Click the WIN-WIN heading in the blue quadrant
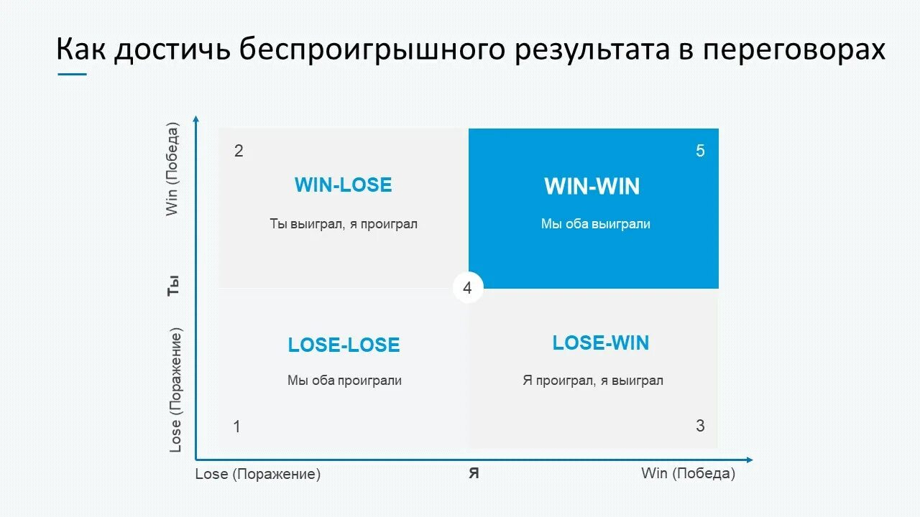pyautogui.click(x=592, y=187)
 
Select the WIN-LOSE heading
pyautogui.click(x=343, y=185)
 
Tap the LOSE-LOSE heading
pyautogui.click(x=344, y=345)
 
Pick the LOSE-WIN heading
pyautogui.click(x=600, y=343)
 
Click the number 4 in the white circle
pyautogui.click(x=468, y=289)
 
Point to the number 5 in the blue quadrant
pyautogui.click(x=700, y=151)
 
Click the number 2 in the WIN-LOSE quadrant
pyautogui.click(x=239, y=151)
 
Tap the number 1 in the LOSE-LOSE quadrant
pyautogui.click(x=236, y=427)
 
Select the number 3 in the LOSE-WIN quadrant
pyautogui.click(x=700, y=426)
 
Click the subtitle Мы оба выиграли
pyautogui.click(x=595, y=224)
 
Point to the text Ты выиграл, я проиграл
pyautogui.click(x=344, y=224)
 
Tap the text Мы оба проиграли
pyautogui.click(x=344, y=381)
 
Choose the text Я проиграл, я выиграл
pyautogui.click(x=592, y=381)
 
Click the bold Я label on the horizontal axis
pyautogui.click(x=474, y=474)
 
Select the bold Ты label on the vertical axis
pyautogui.click(x=173, y=287)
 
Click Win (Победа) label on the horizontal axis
pyautogui.click(x=688, y=474)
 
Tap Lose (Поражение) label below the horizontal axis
pyautogui.click(x=257, y=475)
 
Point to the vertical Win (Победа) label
pyautogui.click(x=172, y=169)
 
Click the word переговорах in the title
pyautogui.click(x=793, y=50)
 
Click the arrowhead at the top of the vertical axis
pyautogui.click(x=195, y=118)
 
